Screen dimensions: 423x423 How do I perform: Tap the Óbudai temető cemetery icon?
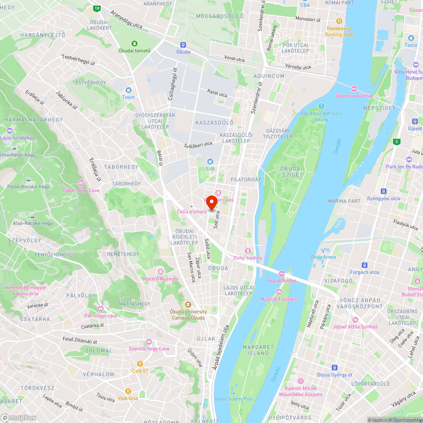pyautogui.click(x=135, y=44)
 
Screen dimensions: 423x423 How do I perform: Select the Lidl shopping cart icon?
pyautogui.click(x=210, y=161)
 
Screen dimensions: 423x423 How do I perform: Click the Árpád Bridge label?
pyautogui.click(x=282, y=280)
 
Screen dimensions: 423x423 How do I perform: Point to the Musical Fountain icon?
pyautogui.click(x=279, y=292)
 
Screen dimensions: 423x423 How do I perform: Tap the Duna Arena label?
pyautogui.click(x=323, y=257)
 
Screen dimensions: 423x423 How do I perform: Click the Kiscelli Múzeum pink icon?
pyautogui.click(x=160, y=272)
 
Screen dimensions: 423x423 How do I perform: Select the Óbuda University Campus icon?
pyautogui.click(x=188, y=304)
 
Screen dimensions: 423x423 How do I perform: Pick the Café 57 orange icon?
pyautogui.click(x=140, y=364)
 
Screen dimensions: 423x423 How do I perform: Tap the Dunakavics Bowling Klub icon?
pyautogui.click(x=339, y=21)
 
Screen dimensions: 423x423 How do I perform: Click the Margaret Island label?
pyautogui.click(x=255, y=350)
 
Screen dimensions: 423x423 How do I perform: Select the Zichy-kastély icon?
pyautogui.click(x=248, y=251)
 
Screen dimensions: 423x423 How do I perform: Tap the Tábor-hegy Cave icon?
pyautogui.click(x=81, y=183)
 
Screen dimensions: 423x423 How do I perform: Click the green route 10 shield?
pyautogui.click(x=97, y=8)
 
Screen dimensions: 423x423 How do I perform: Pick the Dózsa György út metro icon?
pyautogui.click(x=335, y=368)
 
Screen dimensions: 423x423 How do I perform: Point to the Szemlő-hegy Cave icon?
pyautogui.click(x=149, y=341)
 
